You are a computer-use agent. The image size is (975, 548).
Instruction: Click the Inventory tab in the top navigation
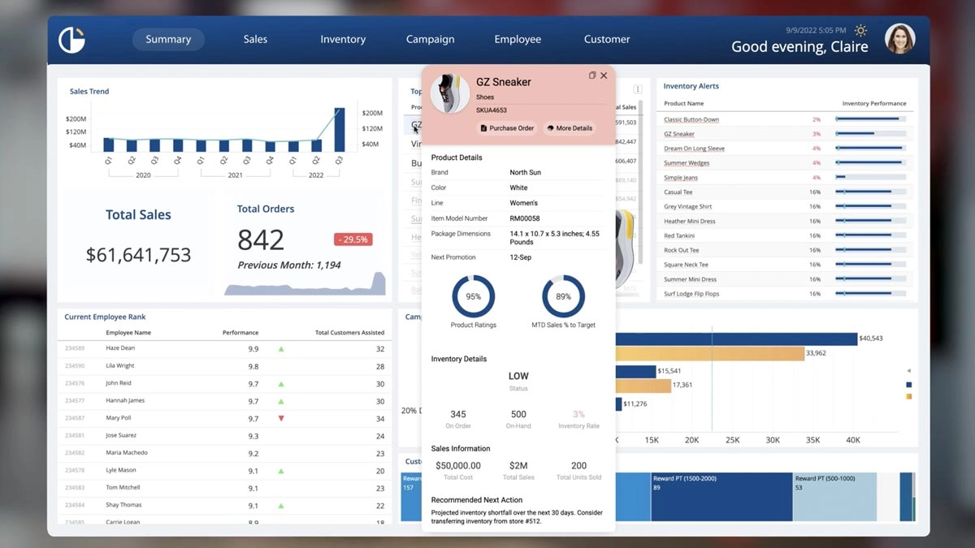[x=343, y=39]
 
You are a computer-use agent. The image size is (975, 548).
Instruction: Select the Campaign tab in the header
[x=430, y=39]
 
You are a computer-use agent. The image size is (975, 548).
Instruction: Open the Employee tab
[x=518, y=39]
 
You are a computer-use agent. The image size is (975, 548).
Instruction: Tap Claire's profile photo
[x=899, y=39]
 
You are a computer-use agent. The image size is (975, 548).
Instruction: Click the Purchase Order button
[x=507, y=128]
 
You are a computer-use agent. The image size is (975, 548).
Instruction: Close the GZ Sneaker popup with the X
[x=604, y=76]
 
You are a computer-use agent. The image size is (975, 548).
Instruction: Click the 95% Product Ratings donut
[x=474, y=297]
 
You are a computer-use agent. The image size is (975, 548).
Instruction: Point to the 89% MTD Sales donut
[x=563, y=297]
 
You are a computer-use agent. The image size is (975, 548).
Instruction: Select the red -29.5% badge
[x=353, y=239]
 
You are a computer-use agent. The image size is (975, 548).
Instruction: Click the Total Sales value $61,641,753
[x=139, y=255]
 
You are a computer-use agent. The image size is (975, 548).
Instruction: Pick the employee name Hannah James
[x=125, y=401]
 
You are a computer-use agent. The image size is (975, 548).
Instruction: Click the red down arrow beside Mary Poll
[x=281, y=419]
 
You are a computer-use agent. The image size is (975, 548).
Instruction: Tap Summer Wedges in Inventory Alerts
[x=687, y=163]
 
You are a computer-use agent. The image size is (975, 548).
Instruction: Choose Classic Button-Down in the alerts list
[x=691, y=119]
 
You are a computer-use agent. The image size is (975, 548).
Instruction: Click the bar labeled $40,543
[x=735, y=339]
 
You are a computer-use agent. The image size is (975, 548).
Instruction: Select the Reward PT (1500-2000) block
[x=721, y=496]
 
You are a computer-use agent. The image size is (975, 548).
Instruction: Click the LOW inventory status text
[x=518, y=376]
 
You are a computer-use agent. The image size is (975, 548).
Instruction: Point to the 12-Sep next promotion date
[x=521, y=257]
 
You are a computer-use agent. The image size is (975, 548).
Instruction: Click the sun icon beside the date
[x=860, y=31]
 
